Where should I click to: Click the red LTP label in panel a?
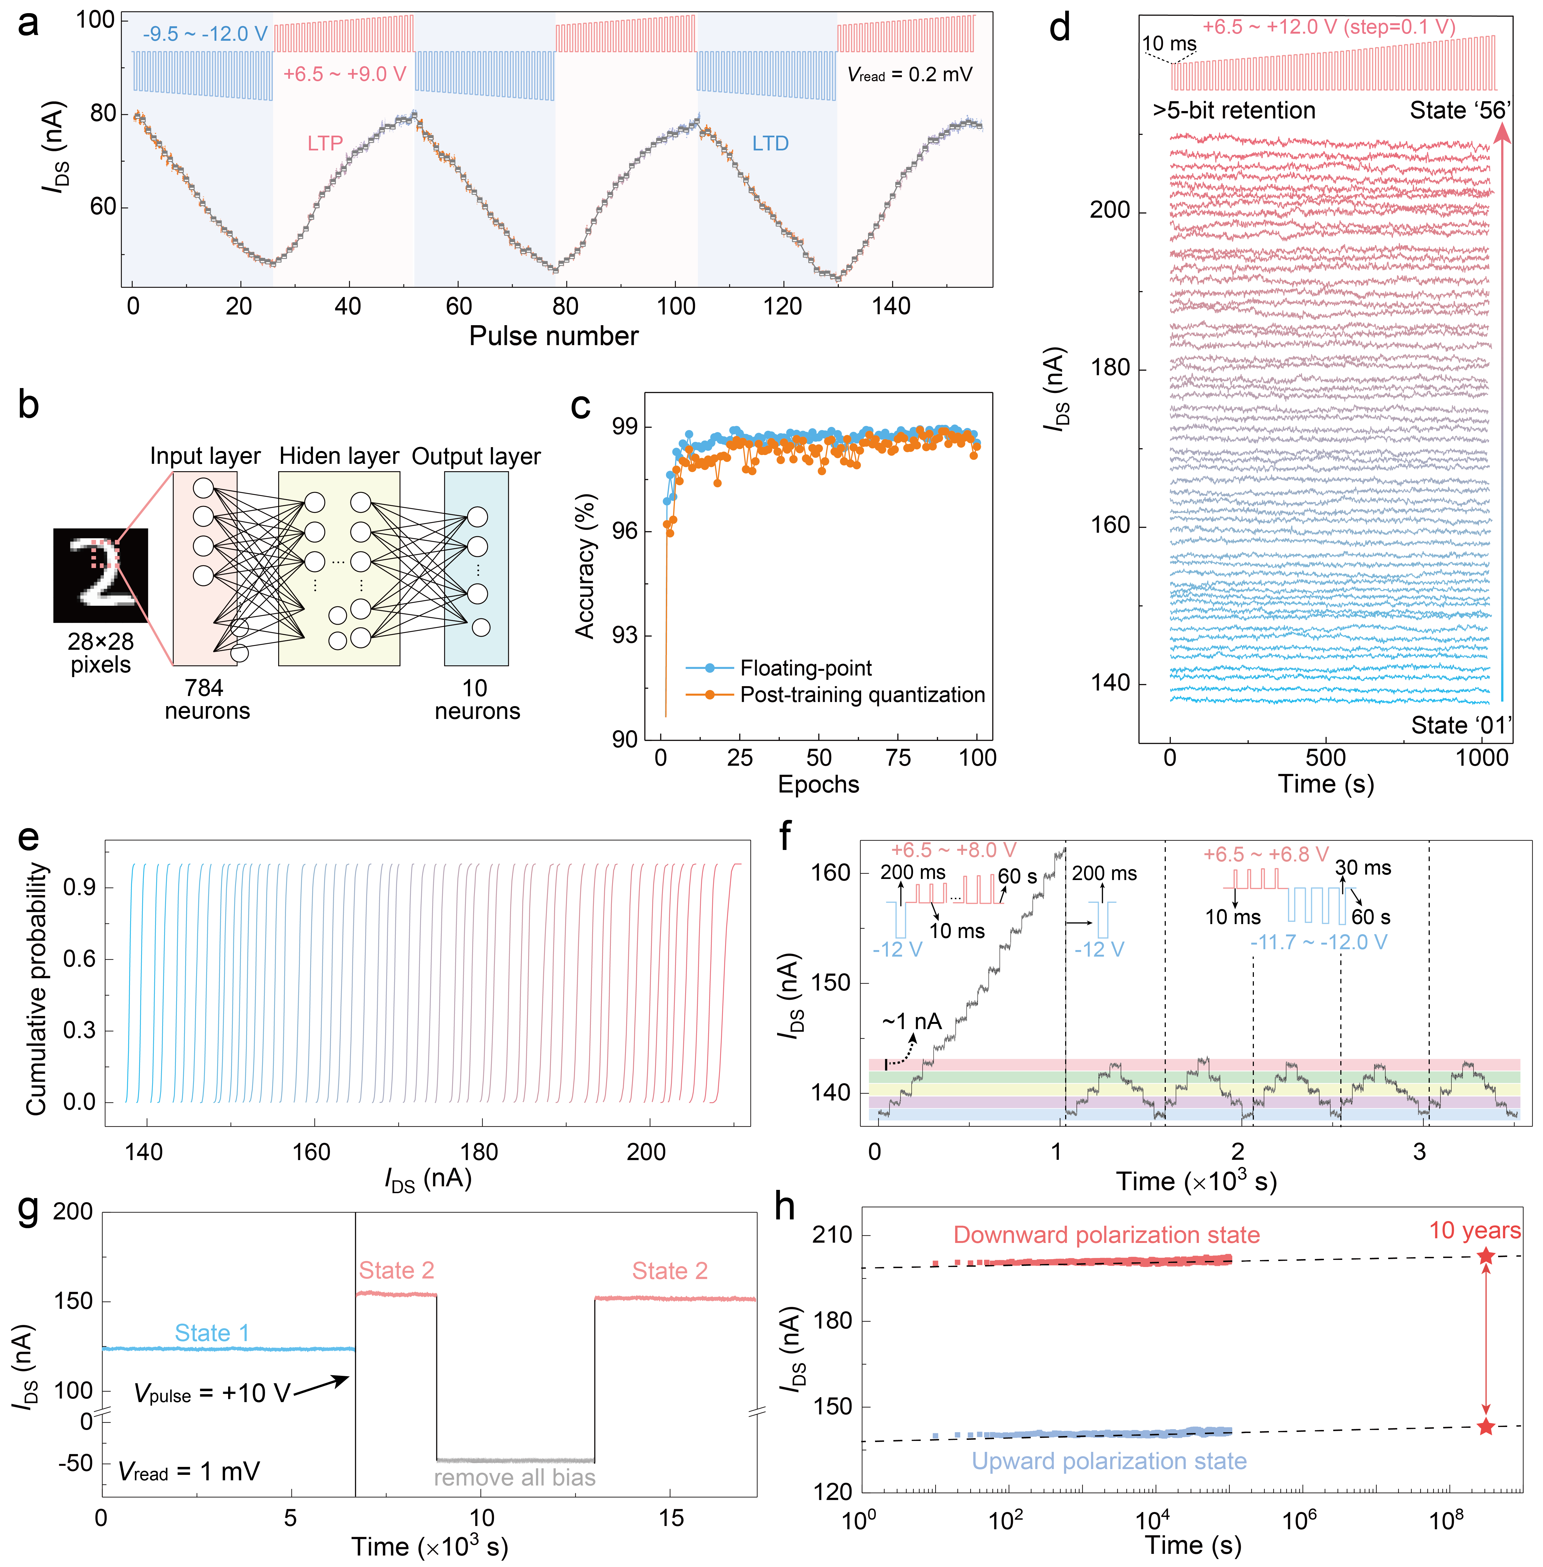click(325, 143)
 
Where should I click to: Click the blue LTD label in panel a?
click(770, 143)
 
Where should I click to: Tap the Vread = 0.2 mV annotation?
click(909, 75)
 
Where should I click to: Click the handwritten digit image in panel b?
click(100, 575)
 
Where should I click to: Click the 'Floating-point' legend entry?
click(806, 668)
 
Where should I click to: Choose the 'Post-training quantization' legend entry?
click(862, 695)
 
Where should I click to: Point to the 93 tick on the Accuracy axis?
click(625, 635)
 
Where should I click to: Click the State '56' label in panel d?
click(1460, 110)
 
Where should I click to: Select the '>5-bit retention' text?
click(1233, 110)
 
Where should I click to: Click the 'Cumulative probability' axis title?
click(36, 989)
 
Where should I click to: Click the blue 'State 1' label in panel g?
click(212, 1333)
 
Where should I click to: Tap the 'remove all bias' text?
click(515, 1478)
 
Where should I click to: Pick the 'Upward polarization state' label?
click(1109, 1461)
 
